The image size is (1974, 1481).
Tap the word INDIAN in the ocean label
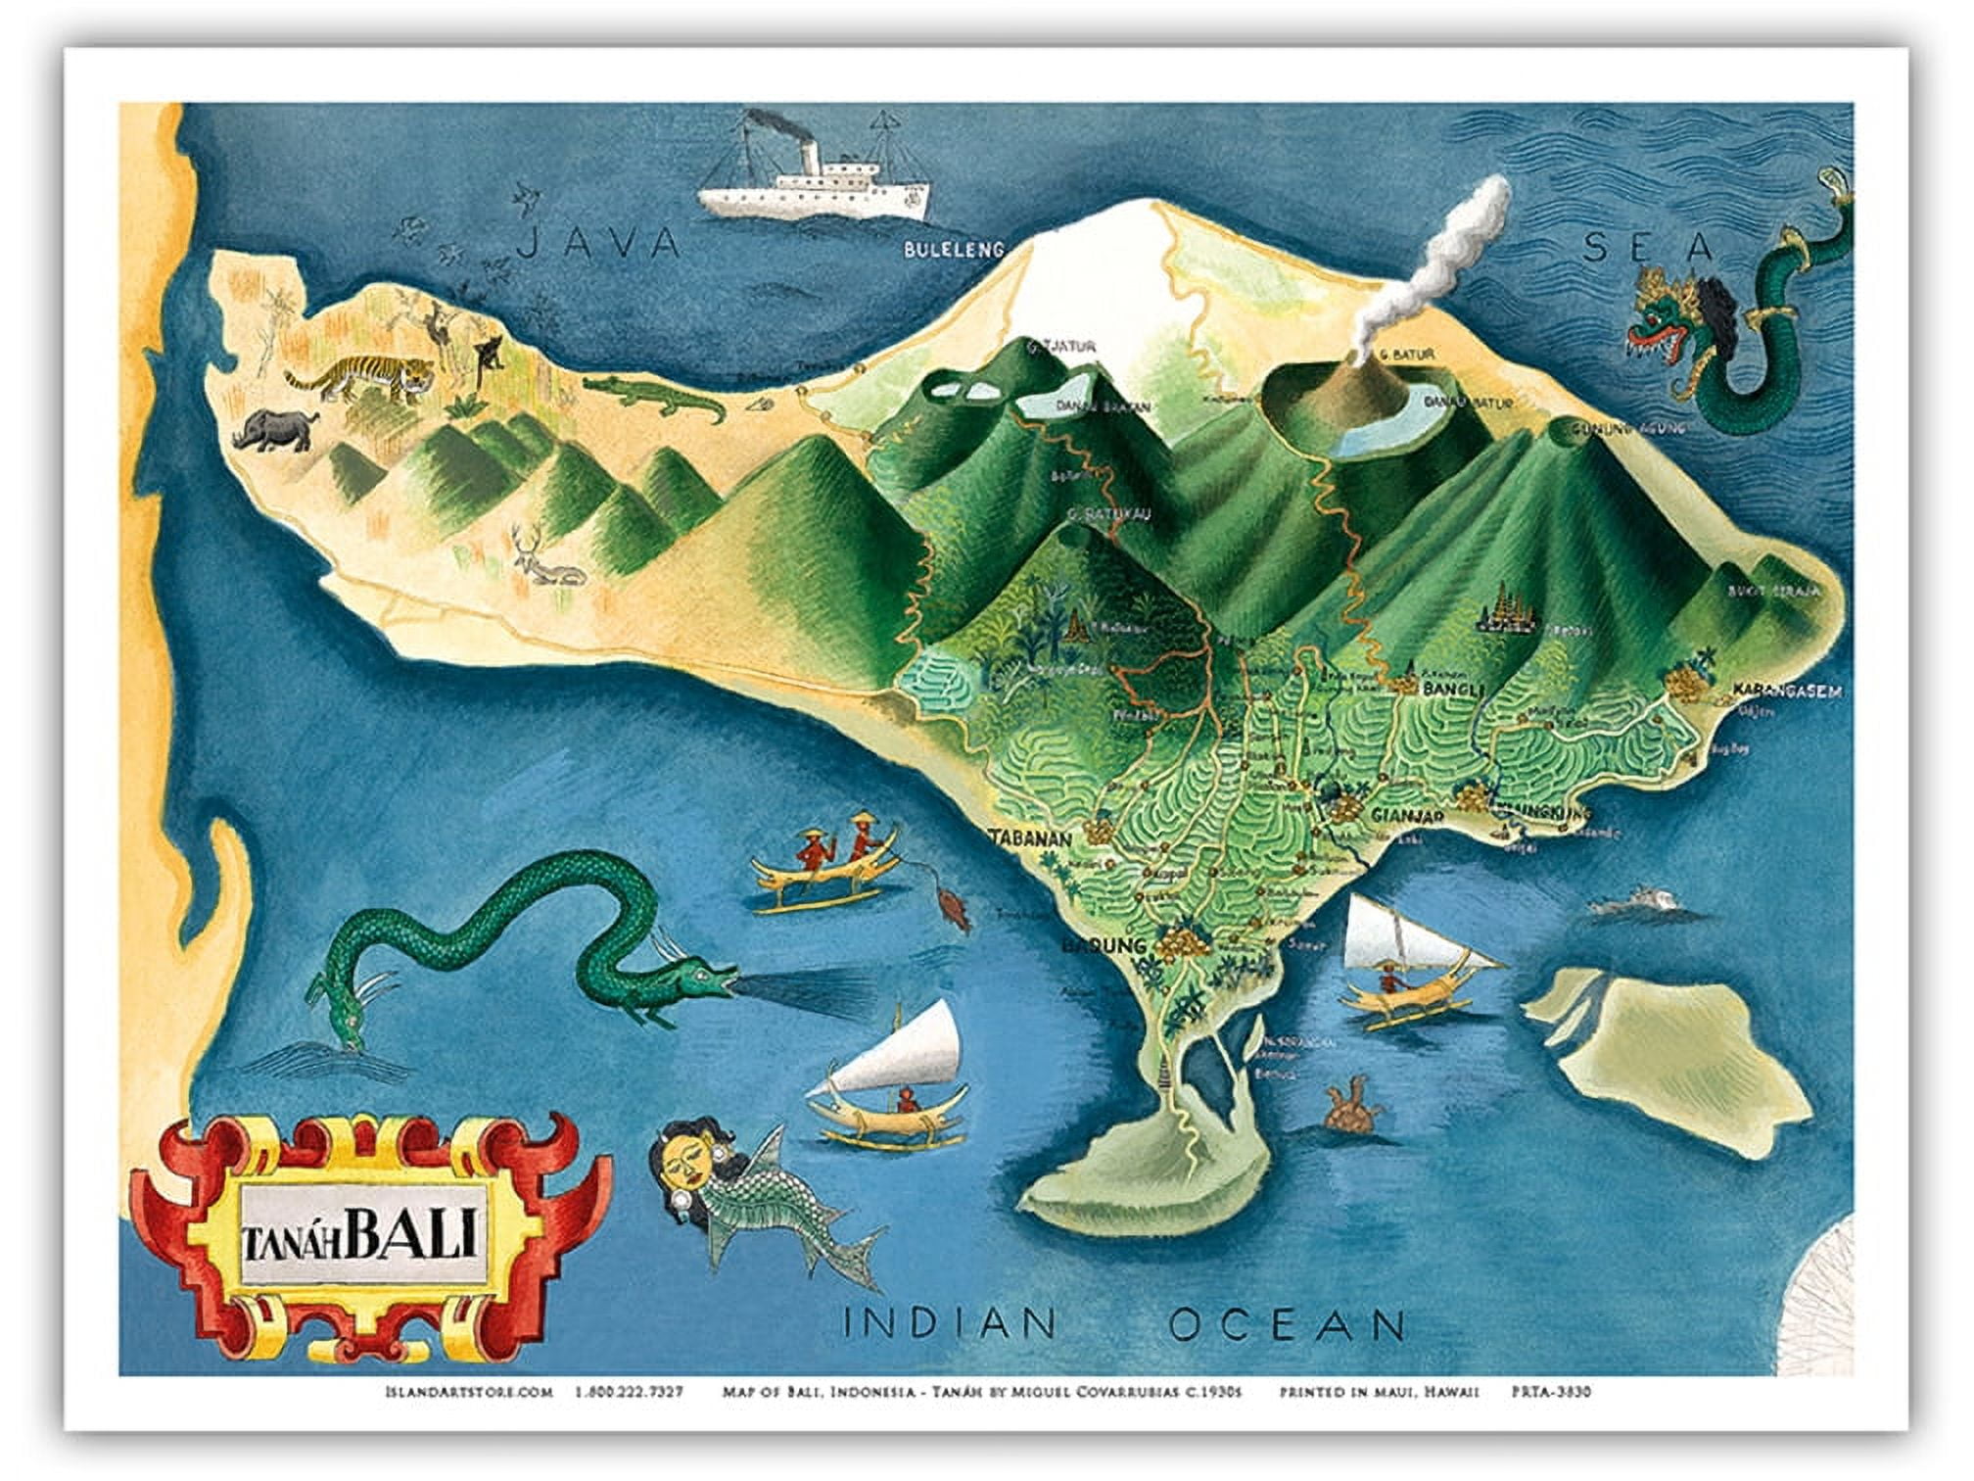(950, 1325)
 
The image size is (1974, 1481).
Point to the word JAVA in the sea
(597, 242)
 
